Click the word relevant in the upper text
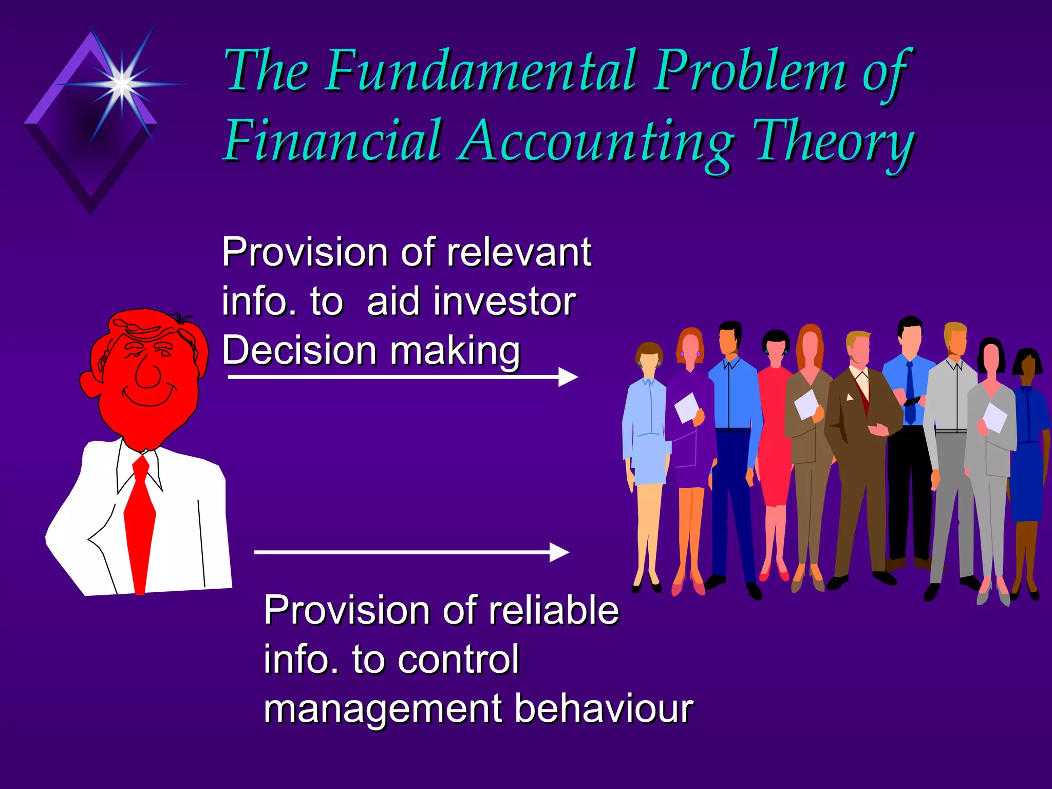[519, 253]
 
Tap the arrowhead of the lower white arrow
[559, 552]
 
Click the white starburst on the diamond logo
[122, 83]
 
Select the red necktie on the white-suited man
[140, 519]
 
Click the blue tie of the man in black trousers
[910, 393]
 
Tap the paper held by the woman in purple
[686, 407]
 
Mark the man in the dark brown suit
[860, 452]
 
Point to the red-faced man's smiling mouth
[149, 398]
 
